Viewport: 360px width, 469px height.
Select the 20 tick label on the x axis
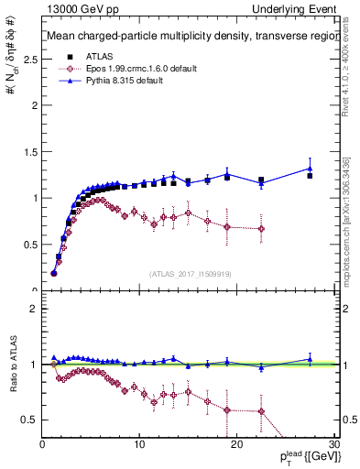[236, 443]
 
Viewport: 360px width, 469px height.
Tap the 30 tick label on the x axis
[333, 443]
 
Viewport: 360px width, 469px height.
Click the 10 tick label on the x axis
[139, 443]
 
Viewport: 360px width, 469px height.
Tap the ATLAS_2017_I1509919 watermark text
[190, 273]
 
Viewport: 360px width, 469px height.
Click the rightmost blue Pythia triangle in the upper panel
[310, 169]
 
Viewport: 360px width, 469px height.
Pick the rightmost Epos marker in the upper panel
[262, 229]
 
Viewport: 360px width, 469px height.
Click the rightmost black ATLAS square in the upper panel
[310, 175]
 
